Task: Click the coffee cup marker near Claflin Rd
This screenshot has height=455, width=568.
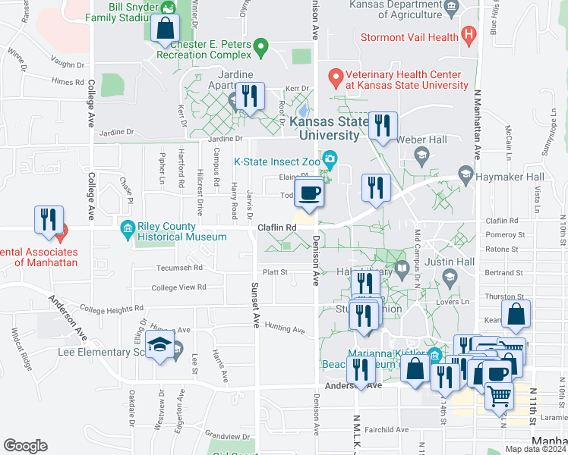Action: click(310, 193)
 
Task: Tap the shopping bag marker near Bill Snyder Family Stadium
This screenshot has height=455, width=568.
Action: click(165, 30)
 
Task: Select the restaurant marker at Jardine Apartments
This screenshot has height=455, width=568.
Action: click(248, 97)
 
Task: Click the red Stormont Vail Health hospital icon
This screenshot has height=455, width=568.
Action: click(469, 36)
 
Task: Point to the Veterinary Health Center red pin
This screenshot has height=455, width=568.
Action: click(335, 76)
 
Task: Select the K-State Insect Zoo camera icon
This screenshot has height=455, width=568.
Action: click(330, 158)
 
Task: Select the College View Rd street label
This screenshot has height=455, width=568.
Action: click(179, 287)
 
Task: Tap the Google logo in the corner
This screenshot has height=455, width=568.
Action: click(25, 445)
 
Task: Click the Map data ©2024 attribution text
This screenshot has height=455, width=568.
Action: click(535, 449)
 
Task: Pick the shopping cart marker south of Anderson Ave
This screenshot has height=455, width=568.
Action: click(498, 394)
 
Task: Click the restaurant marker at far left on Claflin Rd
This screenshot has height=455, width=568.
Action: click(49, 220)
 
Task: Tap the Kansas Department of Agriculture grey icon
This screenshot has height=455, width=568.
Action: click(452, 8)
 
